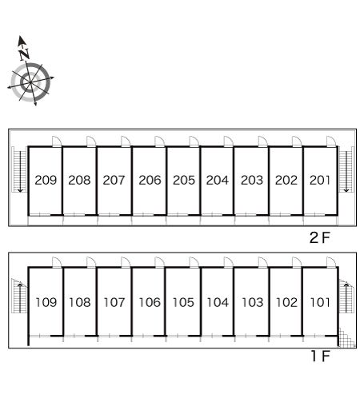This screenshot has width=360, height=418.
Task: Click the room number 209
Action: [46, 180]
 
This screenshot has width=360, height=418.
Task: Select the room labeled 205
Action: [184, 180]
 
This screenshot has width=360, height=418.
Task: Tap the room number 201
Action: [320, 180]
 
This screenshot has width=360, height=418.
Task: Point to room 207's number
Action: [114, 180]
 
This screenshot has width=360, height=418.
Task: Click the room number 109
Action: [46, 302]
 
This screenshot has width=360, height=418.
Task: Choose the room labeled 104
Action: [218, 302]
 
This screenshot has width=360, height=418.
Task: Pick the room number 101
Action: [320, 302]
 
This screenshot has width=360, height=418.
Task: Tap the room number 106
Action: [150, 302]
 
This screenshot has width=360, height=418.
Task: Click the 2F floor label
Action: [320, 237]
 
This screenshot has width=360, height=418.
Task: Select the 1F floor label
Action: [321, 356]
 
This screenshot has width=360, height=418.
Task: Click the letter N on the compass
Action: [25, 54]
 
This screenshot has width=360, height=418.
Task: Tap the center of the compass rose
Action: [30, 82]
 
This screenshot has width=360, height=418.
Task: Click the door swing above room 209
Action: [57, 141]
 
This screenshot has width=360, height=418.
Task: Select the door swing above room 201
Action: [331, 141]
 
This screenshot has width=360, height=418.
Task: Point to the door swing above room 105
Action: [194, 262]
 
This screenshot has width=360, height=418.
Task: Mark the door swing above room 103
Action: [263, 262]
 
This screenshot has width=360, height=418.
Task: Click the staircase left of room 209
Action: [20, 169]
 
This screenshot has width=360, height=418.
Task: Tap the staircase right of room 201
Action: [346, 169]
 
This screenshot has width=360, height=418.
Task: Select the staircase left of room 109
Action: [19, 296]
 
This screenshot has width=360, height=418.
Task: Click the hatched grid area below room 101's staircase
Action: [347, 337]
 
